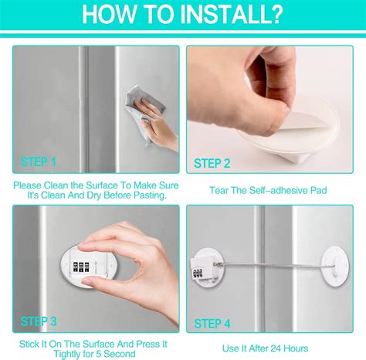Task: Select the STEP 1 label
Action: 39,162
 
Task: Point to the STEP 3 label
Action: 39,320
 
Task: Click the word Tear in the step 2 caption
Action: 219,188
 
